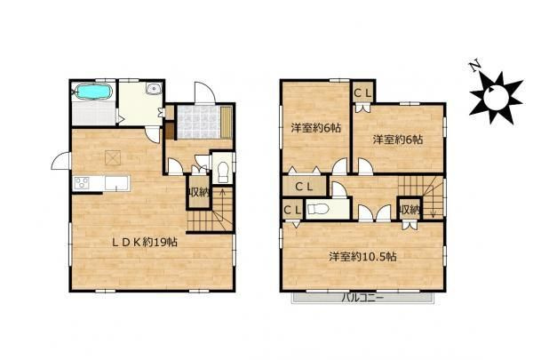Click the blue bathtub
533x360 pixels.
pyautogui.click(x=92, y=92)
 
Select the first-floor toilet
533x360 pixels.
pyautogui.click(x=222, y=169)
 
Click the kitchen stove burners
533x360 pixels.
pyautogui.click(x=84, y=184)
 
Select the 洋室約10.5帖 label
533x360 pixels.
pyautogui.click(x=362, y=257)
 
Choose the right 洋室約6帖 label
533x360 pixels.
pyautogui.click(x=396, y=140)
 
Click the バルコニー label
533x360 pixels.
pyautogui.click(x=362, y=298)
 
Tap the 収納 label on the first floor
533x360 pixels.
pyautogui.click(x=197, y=192)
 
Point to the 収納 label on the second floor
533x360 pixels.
pyautogui.click(x=409, y=210)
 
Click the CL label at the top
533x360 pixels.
pyautogui.click(x=363, y=92)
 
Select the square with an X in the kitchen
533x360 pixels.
pyautogui.click(x=114, y=157)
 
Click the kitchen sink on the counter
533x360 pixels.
pyautogui.click(x=116, y=184)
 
